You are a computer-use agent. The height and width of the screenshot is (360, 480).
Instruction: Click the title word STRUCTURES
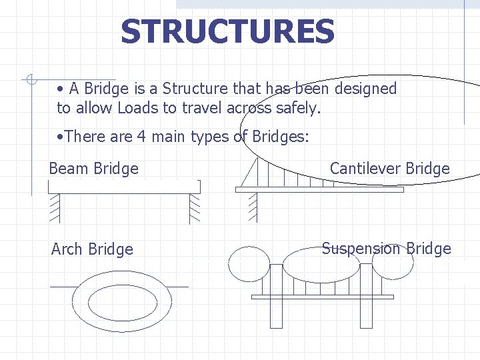[x=227, y=31]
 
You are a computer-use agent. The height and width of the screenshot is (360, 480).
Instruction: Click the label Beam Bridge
[x=93, y=169]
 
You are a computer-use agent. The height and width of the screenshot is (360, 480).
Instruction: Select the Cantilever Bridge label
[x=390, y=169]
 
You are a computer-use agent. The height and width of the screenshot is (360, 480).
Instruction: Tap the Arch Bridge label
[x=92, y=249]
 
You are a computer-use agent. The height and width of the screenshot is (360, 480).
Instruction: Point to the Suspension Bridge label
[x=387, y=249]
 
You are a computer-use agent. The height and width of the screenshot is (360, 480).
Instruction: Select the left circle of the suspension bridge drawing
[x=249, y=265]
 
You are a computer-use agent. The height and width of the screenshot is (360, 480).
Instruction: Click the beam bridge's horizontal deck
[x=124, y=187]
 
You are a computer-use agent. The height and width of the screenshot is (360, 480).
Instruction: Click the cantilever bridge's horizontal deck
[x=319, y=189]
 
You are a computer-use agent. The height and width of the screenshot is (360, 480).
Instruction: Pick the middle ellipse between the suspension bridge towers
[x=321, y=265]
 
